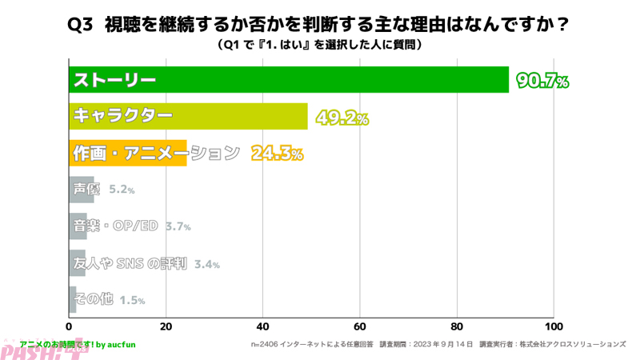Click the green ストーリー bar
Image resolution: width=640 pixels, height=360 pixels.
click(288, 80)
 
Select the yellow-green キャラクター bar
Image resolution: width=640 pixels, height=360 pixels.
click(188, 116)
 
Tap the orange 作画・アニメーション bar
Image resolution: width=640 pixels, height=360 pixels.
click(128, 152)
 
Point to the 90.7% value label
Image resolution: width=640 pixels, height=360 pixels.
click(542, 81)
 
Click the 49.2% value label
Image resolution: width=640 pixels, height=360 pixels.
click(342, 118)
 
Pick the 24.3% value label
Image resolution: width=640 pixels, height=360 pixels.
click(277, 153)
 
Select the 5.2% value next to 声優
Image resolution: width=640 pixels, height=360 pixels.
click(122, 190)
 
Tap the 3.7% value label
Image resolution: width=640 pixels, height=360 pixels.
click(178, 227)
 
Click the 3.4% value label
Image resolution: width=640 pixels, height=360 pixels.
click(206, 264)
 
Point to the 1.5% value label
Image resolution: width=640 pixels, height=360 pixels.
click(132, 301)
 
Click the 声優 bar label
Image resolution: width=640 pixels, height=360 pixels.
click(87, 189)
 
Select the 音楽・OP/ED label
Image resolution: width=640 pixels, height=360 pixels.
click(115, 226)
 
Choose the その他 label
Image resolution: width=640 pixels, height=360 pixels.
click(93, 300)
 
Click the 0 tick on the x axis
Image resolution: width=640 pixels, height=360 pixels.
click(70, 326)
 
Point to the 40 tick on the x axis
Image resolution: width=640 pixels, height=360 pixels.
click(263, 326)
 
